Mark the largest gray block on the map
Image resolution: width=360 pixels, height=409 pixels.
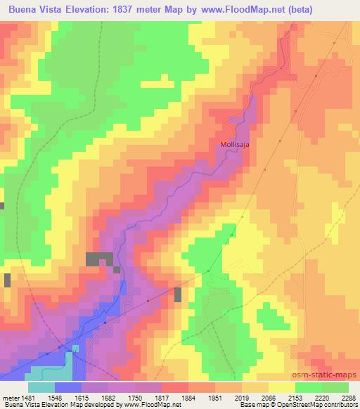tap(99, 259)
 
